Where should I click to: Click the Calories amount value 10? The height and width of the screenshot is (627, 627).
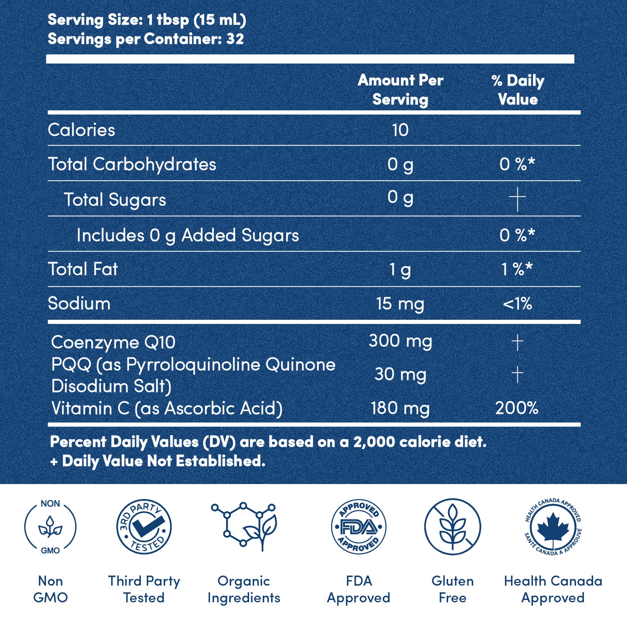(x=400, y=130)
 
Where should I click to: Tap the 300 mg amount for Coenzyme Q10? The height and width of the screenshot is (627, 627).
(x=400, y=341)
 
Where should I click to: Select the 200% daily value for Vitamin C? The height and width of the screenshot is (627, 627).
(x=517, y=408)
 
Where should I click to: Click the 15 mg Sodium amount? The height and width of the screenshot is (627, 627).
(x=400, y=304)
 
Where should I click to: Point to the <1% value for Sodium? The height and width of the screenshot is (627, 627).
(x=517, y=304)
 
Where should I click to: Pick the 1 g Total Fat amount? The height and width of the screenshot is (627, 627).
(x=400, y=270)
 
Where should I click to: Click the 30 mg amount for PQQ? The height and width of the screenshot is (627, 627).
(x=400, y=374)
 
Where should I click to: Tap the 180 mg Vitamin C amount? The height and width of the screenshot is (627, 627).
(x=400, y=408)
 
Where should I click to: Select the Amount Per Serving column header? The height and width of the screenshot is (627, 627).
(x=400, y=89)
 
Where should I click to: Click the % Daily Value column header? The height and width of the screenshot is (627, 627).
(x=518, y=89)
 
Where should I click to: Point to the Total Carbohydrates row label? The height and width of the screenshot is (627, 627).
(x=132, y=164)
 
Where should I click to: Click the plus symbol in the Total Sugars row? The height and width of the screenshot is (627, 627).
(x=517, y=199)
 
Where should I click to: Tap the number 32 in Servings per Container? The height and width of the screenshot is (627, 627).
(x=235, y=39)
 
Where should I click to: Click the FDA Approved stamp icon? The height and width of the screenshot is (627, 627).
(x=358, y=527)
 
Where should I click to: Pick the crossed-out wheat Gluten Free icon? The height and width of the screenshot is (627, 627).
(x=452, y=527)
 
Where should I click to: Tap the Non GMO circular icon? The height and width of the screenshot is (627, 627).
(x=50, y=527)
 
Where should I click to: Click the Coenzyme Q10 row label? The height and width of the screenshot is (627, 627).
(x=113, y=342)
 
